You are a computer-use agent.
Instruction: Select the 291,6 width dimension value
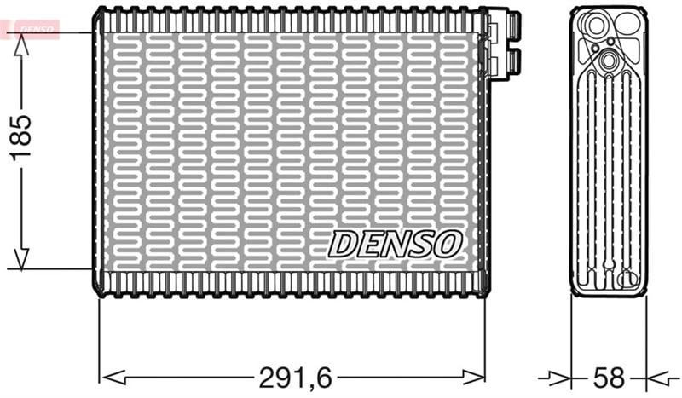[295, 378]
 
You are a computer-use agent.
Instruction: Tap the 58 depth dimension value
[609, 378]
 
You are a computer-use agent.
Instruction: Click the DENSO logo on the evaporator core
[395, 244]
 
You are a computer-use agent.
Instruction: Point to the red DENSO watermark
[30, 29]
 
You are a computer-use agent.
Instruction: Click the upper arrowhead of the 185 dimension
[21, 45]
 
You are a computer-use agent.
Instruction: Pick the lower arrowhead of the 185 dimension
[21, 257]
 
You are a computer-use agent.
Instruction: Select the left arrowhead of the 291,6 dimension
[113, 378]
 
